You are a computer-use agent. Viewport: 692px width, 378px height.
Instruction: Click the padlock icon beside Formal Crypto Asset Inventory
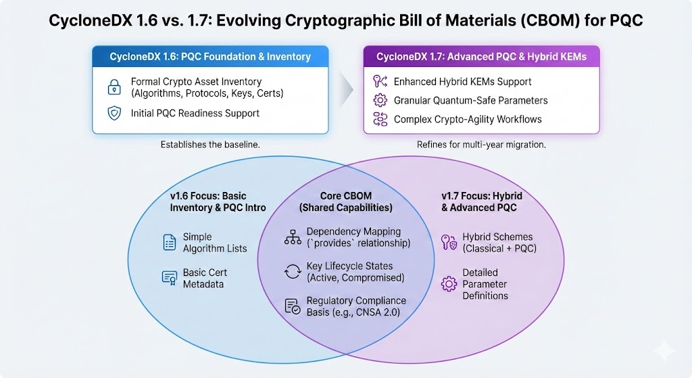[x=114, y=87]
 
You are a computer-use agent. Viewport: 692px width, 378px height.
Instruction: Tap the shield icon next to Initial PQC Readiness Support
[x=114, y=113]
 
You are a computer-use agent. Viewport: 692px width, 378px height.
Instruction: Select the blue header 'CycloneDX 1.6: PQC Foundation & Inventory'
[x=210, y=57]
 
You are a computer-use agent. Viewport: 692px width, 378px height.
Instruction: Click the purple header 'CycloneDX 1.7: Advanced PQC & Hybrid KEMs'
[x=481, y=57]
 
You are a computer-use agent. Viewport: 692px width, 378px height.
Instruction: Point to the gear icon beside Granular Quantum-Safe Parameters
[x=379, y=101]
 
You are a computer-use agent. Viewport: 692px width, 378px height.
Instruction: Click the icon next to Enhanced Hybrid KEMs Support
[x=379, y=82]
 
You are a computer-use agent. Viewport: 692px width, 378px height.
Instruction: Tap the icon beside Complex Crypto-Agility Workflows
[x=379, y=120]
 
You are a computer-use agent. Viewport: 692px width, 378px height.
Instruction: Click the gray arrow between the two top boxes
[x=346, y=89]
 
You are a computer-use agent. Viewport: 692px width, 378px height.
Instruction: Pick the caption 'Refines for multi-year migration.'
[x=482, y=145]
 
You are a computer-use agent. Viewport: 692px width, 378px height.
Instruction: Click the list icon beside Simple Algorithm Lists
[x=170, y=242]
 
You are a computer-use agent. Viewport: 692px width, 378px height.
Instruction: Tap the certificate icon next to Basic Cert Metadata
[x=170, y=278]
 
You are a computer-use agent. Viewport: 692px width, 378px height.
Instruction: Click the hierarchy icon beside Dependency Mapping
[x=293, y=237]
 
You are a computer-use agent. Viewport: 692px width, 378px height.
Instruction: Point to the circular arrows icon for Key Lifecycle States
[x=293, y=272]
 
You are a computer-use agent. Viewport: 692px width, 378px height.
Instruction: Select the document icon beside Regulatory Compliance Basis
[x=293, y=306]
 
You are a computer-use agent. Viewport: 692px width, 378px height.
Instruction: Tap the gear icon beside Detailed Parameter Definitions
[x=448, y=284]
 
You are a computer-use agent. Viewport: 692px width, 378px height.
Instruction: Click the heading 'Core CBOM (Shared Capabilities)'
[x=346, y=202]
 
